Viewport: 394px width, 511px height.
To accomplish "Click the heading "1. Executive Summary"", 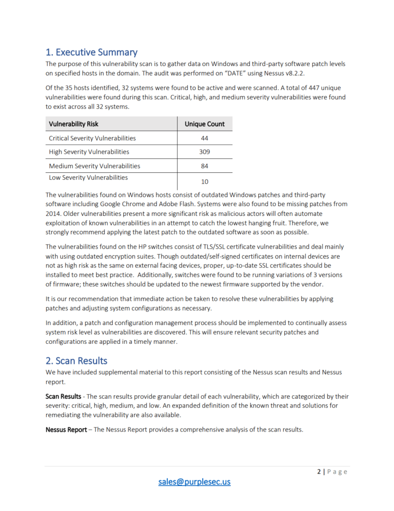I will [x=91, y=52].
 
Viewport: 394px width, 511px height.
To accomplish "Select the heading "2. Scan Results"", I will [x=76, y=361].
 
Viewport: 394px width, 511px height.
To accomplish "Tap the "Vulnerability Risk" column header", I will [x=73, y=124].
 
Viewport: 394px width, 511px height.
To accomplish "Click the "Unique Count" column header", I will [x=205, y=124].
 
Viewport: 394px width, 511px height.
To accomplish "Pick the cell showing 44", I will [x=205, y=138].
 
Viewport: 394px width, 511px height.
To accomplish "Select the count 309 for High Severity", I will [x=205, y=152].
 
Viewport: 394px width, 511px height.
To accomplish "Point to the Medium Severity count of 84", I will [x=205, y=166].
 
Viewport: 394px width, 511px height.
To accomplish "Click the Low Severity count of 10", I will [x=205, y=181].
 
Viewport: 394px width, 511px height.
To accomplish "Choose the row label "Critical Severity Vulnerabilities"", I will [x=92, y=138].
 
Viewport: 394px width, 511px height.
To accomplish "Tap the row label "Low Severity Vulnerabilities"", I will [x=88, y=177].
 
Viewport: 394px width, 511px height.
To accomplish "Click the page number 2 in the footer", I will [x=319, y=472].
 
